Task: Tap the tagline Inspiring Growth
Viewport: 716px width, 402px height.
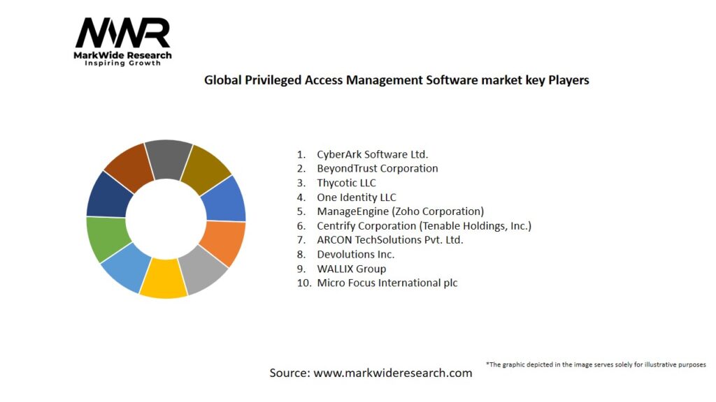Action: coord(122,63)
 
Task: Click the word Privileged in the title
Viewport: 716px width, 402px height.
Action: coord(268,80)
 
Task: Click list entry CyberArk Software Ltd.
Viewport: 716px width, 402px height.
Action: coord(372,154)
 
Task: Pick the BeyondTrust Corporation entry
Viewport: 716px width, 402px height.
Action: coord(377,168)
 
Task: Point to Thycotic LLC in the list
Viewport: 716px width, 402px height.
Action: coord(346,183)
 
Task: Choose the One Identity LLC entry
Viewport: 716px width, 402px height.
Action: coord(356,198)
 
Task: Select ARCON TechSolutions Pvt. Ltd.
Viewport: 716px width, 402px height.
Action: coord(389,240)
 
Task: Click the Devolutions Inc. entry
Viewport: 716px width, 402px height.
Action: coord(355,255)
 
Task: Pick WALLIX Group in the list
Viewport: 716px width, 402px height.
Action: coord(351,269)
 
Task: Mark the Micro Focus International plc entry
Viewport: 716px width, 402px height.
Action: coord(387,283)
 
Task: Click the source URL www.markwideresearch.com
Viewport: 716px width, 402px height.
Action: coord(392,373)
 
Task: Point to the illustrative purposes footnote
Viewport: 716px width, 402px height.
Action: coord(596,364)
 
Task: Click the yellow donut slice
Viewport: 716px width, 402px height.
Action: coord(163,279)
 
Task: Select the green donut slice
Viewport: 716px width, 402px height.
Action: coord(106,238)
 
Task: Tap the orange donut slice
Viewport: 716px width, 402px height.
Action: coord(224,242)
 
